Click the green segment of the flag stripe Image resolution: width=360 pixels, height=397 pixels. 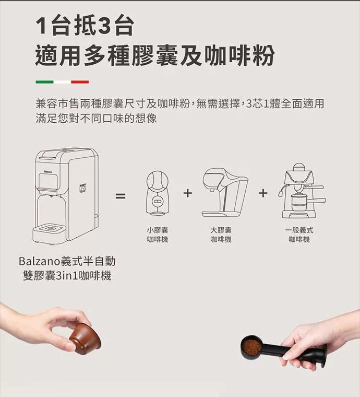pyautogui.click(x=44, y=82)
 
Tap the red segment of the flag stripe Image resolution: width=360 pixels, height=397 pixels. pyautogui.click(x=80, y=82)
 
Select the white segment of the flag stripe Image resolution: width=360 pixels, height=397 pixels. pyautogui.click(x=62, y=82)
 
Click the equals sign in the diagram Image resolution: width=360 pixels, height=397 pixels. pyautogui.click(x=121, y=196)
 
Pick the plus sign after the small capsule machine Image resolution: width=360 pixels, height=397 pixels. pyautogui.click(x=187, y=193)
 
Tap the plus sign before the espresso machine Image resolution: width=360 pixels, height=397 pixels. pyautogui.click(x=263, y=193)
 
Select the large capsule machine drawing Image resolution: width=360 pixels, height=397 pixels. pyautogui.click(x=224, y=192)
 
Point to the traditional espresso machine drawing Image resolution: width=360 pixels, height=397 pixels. pyautogui.click(x=303, y=191)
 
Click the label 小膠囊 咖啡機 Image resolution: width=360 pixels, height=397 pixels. pyautogui.click(x=158, y=235)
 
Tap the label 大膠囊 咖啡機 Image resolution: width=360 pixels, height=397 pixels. pyautogui.click(x=221, y=235)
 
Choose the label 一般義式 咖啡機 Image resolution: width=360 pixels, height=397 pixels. pyautogui.click(x=299, y=235)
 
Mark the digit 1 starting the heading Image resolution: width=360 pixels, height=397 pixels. pyautogui.click(x=41, y=27)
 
